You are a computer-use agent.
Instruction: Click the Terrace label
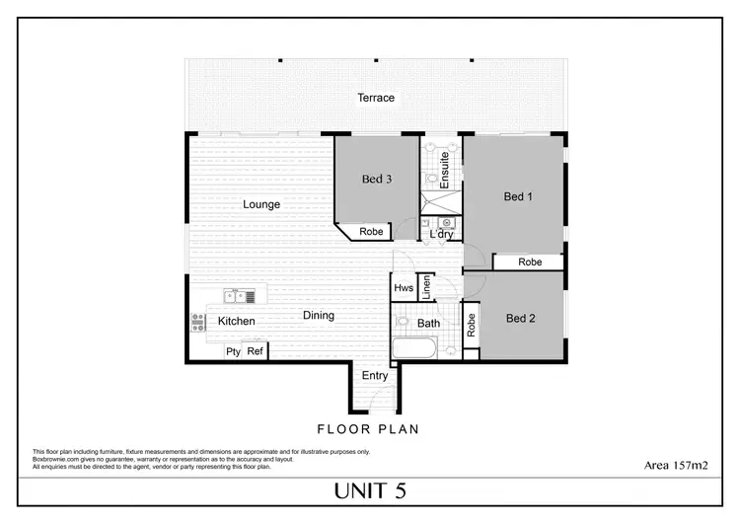pyautogui.click(x=376, y=98)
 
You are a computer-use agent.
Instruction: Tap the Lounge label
pyautogui.click(x=261, y=205)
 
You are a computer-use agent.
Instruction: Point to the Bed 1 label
pyautogui.click(x=518, y=196)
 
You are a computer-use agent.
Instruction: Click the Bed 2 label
pyautogui.click(x=520, y=318)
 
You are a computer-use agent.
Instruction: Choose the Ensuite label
pyautogui.click(x=445, y=170)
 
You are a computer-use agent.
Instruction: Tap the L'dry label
pyautogui.click(x=441, y=234)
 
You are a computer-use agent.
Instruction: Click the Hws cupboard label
pyautogui.click(x=403, y=288)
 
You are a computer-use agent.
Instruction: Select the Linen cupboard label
pyautogui.click(x=426, y=288)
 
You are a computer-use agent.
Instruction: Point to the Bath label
pyautogui.click(x=428, y=323)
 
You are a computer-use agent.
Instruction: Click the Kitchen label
pyautogui.click(x=236, y=321)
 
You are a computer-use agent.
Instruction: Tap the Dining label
pyautogui.click(x=318, y=316)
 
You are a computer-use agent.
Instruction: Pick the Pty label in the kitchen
pyautogui.click(x=233, y=351)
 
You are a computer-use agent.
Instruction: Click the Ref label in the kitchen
pyautogui.click(x=256, y=351)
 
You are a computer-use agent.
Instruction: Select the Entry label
pyautogui.click(x=375, y=376)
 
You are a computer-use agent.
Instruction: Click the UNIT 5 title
pyautogui.click(x=369, y=490)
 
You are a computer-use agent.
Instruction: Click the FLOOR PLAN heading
pyautogui.click(x=368, y=429)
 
